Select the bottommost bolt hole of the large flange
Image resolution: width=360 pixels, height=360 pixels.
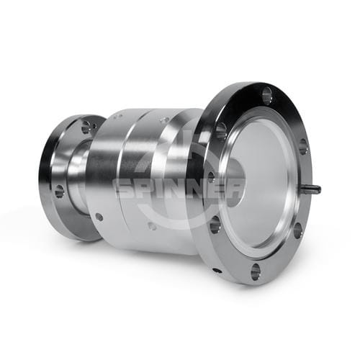pyautogui.click(x=256, y=271)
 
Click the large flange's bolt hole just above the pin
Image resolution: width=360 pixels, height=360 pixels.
pyautogui.click(x=303, y=146)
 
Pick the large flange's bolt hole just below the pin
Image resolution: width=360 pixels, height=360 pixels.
pyautogui.click(x=297, y=230)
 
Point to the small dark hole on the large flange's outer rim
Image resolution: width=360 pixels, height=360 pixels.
pyautogui.click(x=217, y=271)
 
